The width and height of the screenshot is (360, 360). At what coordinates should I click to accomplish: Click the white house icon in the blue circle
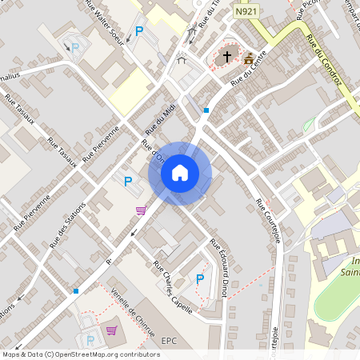point(180,172)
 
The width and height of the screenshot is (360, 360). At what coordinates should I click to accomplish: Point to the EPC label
point(169,340)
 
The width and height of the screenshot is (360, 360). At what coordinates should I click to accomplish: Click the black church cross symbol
point(227,57)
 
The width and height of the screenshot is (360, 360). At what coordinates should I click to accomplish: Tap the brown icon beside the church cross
point(249,58)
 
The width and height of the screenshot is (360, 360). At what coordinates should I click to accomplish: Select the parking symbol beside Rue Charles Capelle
point(200,278)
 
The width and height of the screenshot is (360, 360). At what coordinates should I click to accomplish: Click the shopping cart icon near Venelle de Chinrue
point(111,330)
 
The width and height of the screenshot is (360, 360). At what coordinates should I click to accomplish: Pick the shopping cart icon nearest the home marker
point(141,210)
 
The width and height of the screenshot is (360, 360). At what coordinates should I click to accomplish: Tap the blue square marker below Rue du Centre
point(206,110)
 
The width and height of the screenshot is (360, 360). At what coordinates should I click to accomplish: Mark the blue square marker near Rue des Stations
point(75,291)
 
